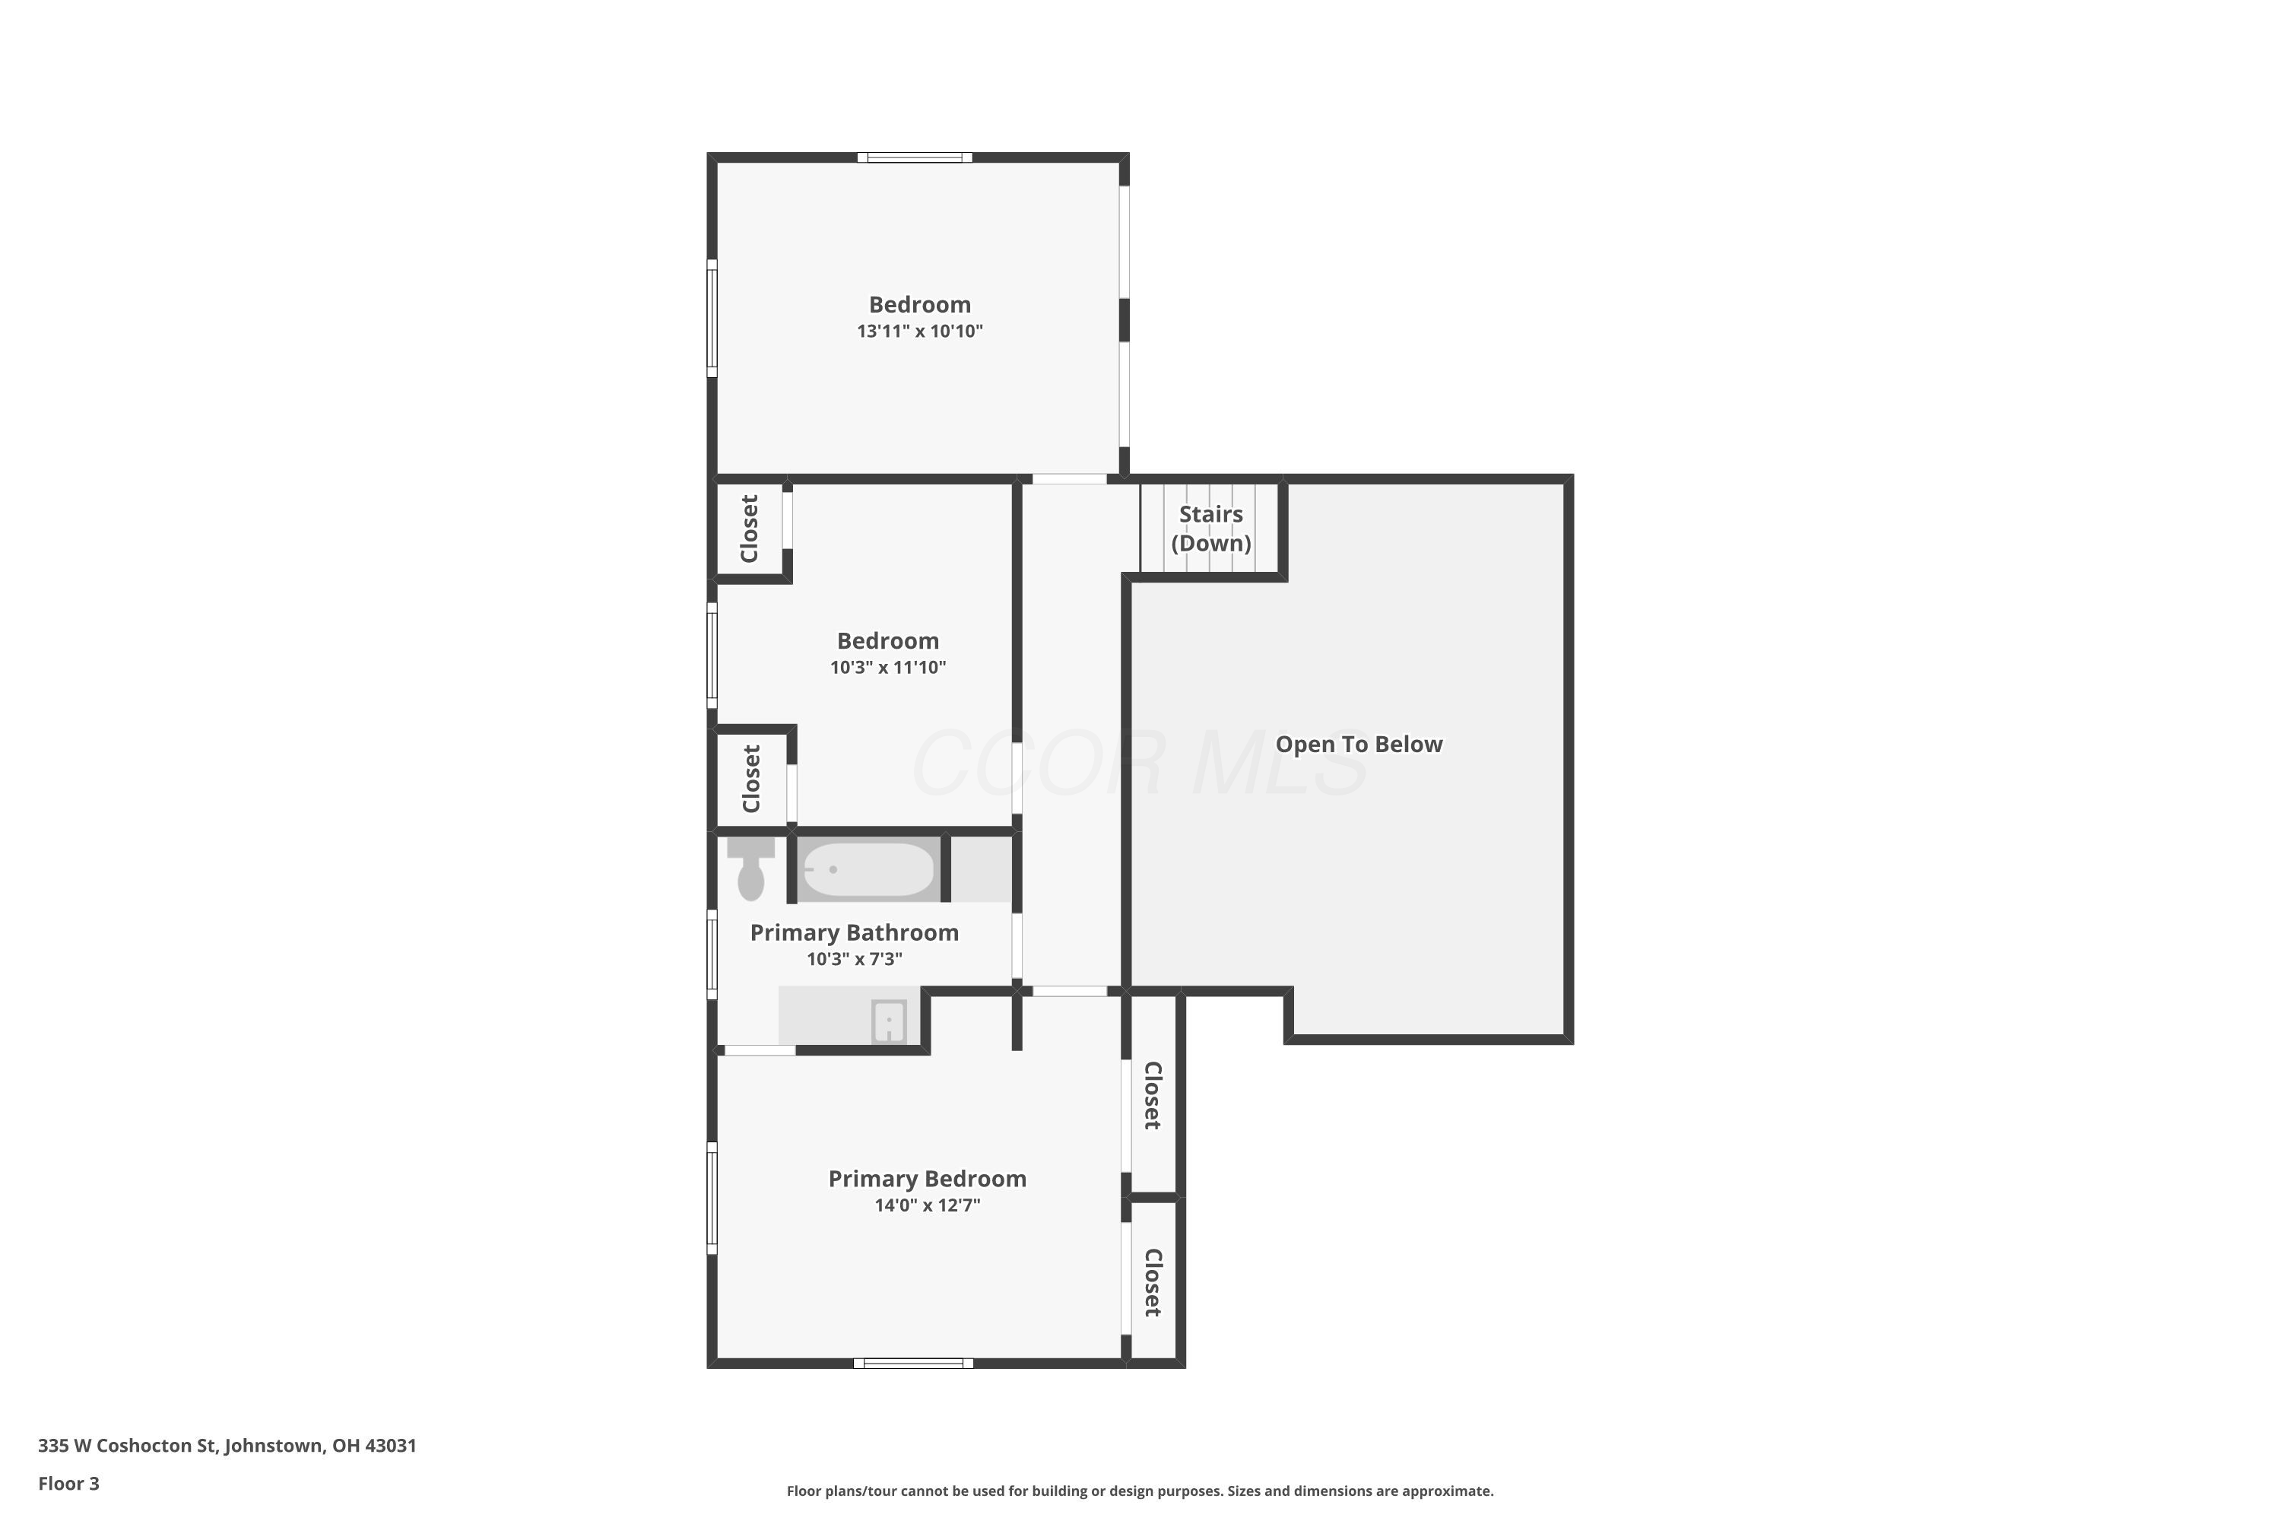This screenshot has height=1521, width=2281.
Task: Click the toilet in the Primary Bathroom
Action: click(750, 869)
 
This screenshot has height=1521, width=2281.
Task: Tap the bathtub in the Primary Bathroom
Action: click(868, 869)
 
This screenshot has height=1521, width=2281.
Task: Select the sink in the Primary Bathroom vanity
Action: click(890, 1021)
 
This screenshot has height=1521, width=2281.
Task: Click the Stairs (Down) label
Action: click(1211, 529)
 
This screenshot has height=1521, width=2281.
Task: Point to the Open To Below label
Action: click(1359, 744)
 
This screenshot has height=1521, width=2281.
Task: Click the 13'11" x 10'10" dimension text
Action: click(919, 331)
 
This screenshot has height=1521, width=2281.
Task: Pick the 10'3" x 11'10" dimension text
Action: click(887, 668)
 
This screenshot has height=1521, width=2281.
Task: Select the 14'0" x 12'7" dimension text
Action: click(927, 1205)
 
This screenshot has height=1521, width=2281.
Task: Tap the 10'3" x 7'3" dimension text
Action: click(855, 959)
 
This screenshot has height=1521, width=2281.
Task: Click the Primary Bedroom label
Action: click(927, 1180)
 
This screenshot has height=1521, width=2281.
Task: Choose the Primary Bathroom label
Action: click(855, 933)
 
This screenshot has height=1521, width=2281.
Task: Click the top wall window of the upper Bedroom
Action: click(915, 157)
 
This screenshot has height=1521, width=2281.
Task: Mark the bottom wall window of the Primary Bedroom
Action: click(914, 1363)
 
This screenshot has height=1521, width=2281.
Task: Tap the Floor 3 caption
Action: click(69, 1483)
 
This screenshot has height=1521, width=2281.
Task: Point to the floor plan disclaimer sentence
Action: click(1140, 1491)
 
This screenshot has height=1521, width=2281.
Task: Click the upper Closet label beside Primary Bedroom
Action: click(1152, 1095)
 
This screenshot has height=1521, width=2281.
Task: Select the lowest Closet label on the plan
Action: click(1152, 1282)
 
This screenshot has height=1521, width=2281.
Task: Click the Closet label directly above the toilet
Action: click(750, 779)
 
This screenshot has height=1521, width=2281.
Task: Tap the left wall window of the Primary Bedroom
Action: click(712, 1198)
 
